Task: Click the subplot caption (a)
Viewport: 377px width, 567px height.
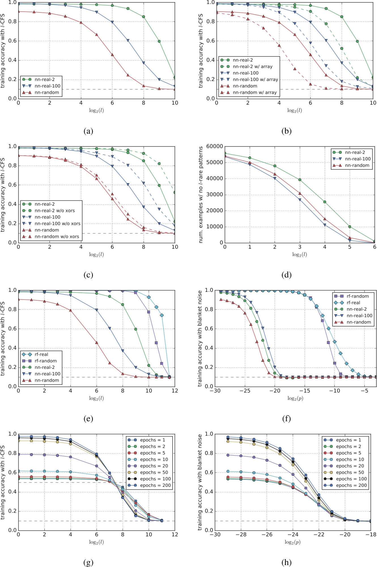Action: [x=88, y=131]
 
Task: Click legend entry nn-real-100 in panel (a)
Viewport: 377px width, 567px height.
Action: [x=47, y=86]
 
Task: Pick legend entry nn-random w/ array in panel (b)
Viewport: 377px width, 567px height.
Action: [x=255, y=92]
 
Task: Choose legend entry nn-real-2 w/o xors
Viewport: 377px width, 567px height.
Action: [x=55, y=211]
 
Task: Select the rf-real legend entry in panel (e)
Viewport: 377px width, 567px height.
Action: [x=41, y=354]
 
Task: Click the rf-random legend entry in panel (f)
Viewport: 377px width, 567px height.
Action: [x=357, y=296]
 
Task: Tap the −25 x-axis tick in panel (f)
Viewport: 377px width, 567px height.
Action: [x=245, y=391]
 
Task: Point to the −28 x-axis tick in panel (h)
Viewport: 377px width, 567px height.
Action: [x=241, y=535]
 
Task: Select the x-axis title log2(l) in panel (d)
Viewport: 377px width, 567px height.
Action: [x=299, y=254]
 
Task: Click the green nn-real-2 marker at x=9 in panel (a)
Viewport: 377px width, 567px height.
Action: [x=159, y=41]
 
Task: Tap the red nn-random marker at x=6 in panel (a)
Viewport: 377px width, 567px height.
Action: [x=112, y=55]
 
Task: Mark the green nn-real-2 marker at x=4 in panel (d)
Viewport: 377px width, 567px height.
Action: [x=325, y=202]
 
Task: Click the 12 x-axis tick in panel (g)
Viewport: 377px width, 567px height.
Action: [x=175, y=535]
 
